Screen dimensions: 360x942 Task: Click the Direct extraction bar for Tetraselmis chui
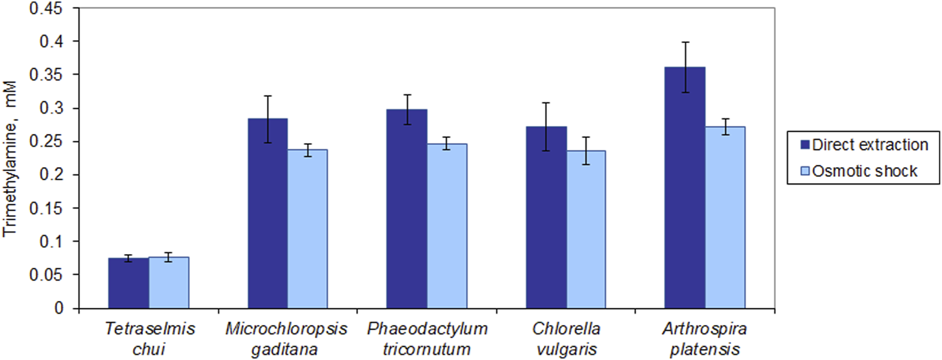[128, 283]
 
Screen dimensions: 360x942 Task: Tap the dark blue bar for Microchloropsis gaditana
[267, 214]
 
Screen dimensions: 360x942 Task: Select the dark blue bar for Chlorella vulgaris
[546, 218]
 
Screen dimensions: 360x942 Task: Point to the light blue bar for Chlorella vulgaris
[586, 230]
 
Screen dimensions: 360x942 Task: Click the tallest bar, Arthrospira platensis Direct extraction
[685, 188]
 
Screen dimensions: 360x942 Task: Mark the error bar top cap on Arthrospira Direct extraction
[685, 42]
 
